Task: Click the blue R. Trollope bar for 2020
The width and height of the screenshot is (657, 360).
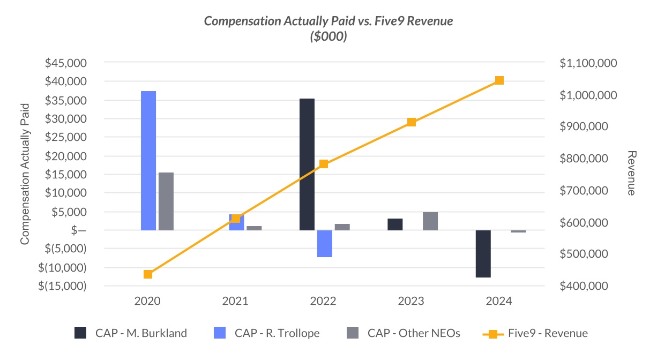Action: [x=148, y=161]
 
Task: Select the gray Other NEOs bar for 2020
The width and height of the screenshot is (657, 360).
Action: [x=166, y=201]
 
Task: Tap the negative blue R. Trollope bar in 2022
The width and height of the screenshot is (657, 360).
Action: [x=325, y=243]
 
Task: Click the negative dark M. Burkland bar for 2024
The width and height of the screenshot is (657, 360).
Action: [x=483, y=253]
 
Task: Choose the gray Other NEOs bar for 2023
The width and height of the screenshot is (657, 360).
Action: [x=430, y=221]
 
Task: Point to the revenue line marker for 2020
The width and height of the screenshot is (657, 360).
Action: [x=148, y=274]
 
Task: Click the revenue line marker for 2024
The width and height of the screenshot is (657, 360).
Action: [x=499, y=80]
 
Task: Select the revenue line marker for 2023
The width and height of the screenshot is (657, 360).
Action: [x=412, y=122]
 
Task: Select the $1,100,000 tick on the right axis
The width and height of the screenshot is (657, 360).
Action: [x=588, y=63]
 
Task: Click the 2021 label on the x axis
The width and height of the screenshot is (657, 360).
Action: [x=236, y=301]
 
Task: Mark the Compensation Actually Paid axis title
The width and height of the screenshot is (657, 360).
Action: [x=25, y=174]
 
